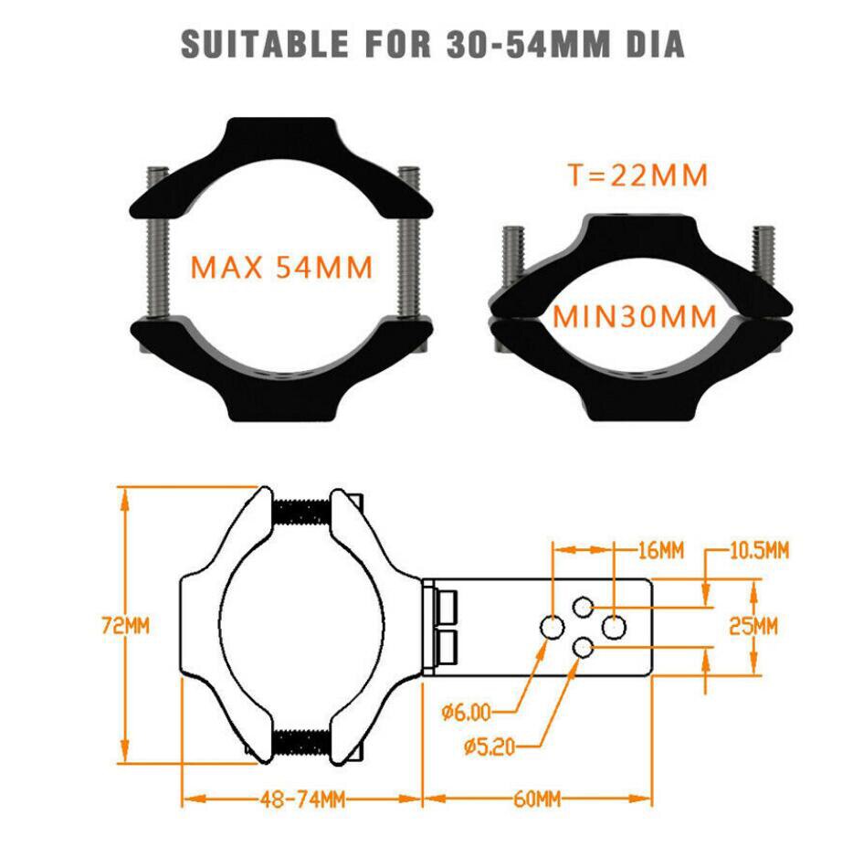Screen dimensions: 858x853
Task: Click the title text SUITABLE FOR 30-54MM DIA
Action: click(433, 43)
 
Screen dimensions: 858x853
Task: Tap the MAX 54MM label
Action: click(281, 268)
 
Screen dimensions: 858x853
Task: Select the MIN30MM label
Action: click(635, 317)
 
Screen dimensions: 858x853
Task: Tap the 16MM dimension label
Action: click(659, 550)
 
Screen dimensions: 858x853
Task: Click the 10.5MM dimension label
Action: click(759, 550)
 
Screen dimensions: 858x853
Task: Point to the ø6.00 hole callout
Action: click(466, 711)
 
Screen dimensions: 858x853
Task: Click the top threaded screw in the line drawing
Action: click(300, 514)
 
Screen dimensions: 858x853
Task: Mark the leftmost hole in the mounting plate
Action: click(553, 627)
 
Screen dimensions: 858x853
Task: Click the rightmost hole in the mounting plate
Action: click(615, 627)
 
